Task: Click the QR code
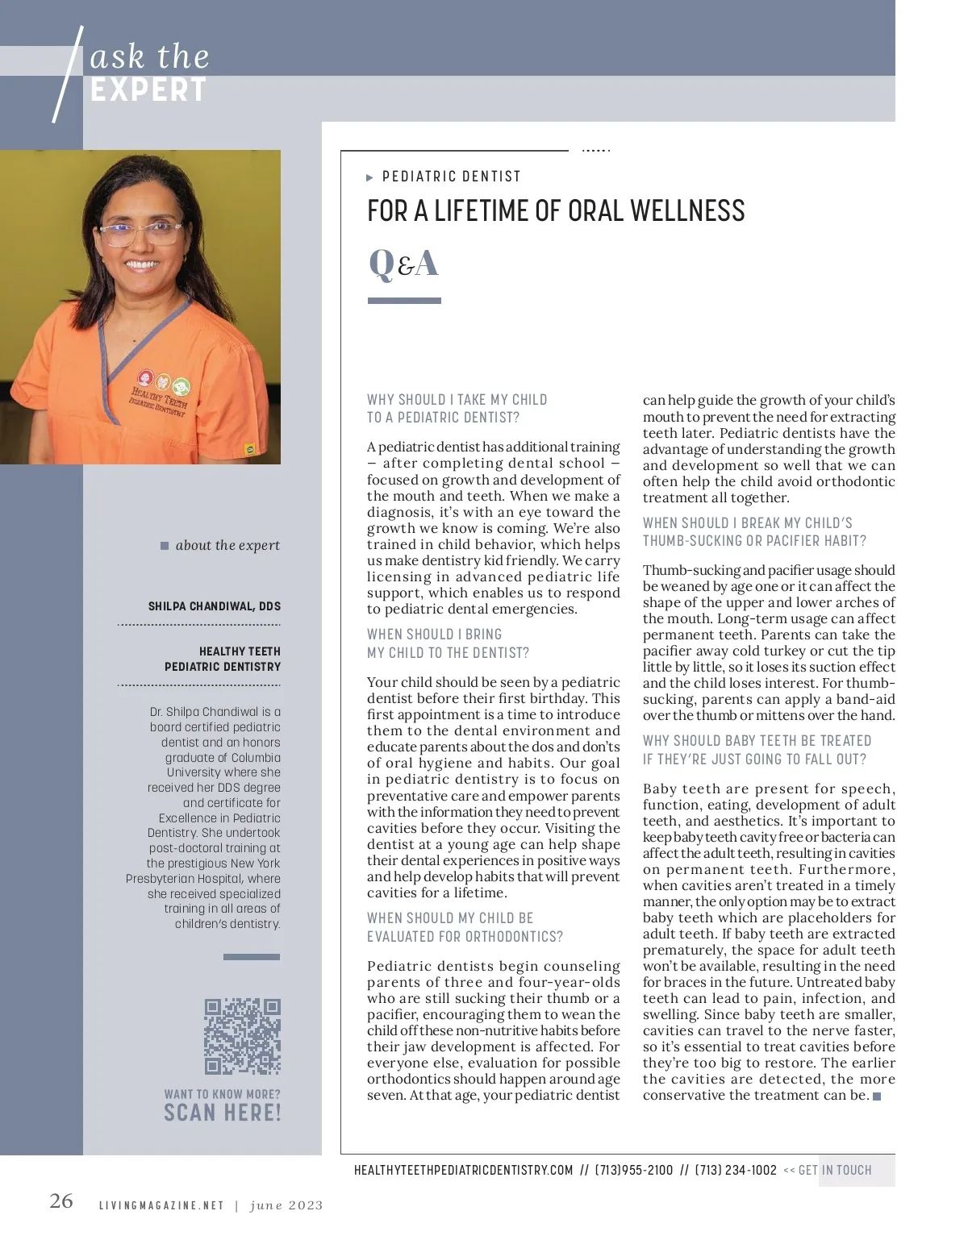242,1036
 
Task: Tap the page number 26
61,1200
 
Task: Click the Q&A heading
403,264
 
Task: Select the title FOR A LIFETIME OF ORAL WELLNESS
556,211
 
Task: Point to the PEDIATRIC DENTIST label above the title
451,177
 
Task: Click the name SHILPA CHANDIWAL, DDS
215,605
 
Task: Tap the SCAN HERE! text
223,1113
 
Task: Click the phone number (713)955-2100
633,1170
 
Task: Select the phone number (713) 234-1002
736,1170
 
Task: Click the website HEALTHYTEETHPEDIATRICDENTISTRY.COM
463,1170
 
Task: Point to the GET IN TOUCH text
835,1170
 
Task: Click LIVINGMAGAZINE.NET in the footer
161,1205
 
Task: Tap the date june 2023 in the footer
286,1205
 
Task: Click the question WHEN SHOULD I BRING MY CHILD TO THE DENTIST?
448,643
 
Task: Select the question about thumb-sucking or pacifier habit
754,531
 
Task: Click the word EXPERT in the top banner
148,90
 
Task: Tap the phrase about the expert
227,545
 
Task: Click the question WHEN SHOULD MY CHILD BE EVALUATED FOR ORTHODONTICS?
465,927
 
